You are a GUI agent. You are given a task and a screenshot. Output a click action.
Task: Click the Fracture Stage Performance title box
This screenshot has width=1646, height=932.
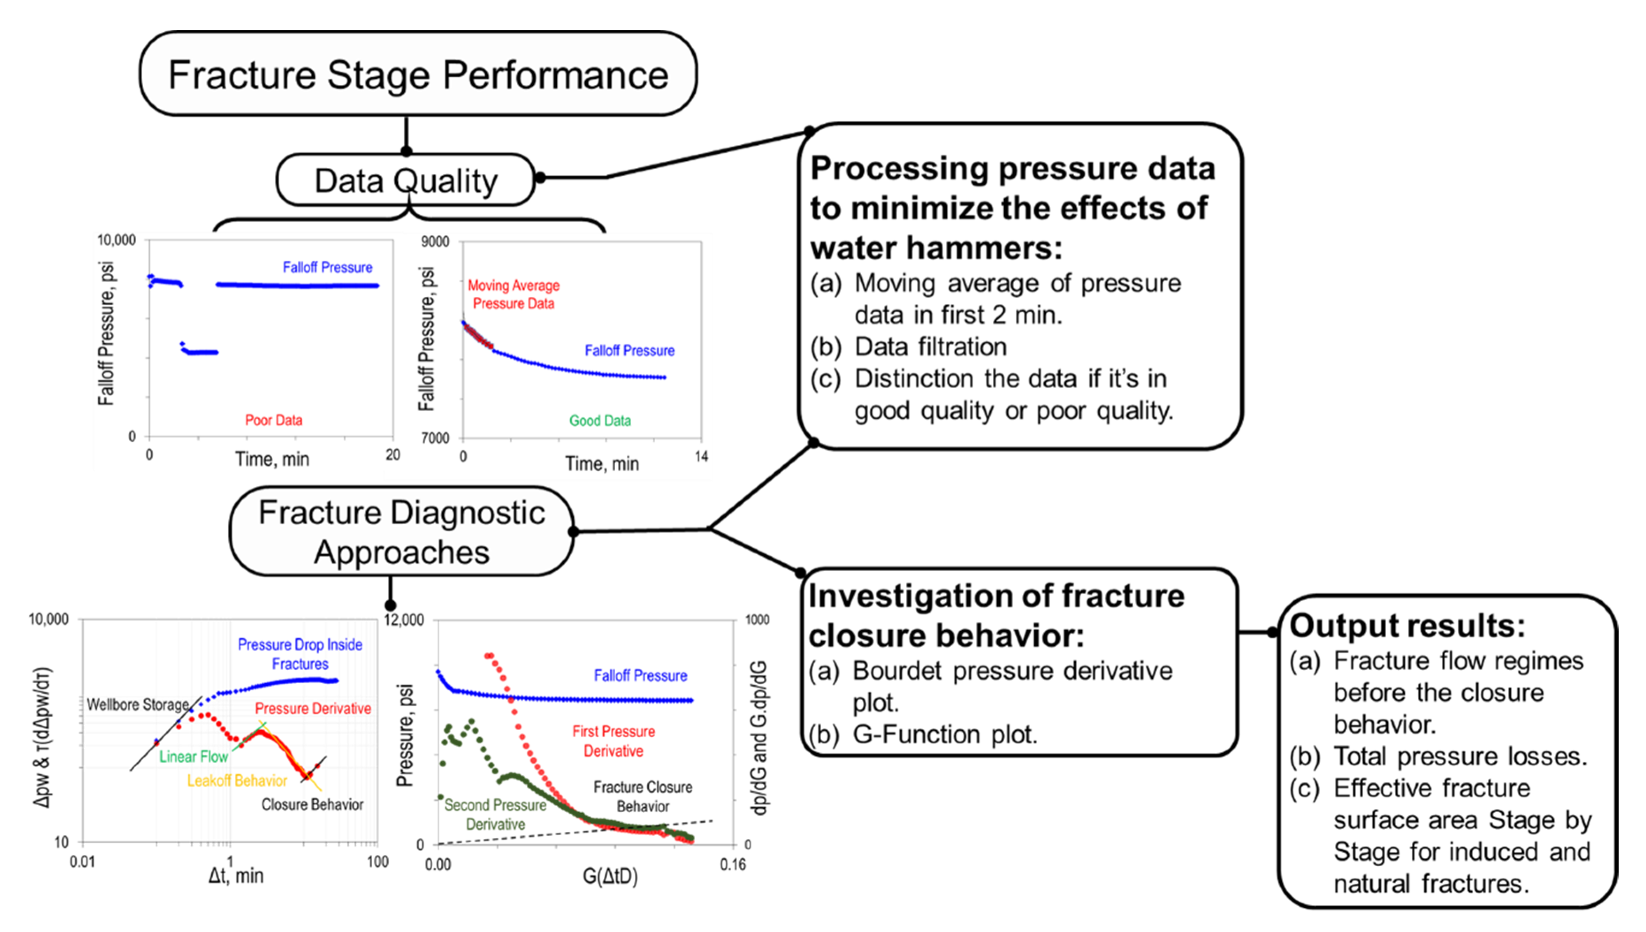(418, 74)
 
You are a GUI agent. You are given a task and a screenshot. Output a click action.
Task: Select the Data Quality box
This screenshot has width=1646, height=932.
(405, 181)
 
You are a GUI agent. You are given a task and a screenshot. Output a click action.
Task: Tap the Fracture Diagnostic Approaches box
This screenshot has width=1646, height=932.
(402, 532)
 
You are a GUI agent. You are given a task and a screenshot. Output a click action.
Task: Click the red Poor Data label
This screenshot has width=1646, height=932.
(274, 420)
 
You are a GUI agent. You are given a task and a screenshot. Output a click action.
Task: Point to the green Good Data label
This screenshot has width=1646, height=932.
(600, 421)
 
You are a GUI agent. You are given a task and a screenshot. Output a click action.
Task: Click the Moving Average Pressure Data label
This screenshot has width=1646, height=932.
(513, 295)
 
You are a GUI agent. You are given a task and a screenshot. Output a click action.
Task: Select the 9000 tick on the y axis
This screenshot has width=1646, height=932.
(435, 241)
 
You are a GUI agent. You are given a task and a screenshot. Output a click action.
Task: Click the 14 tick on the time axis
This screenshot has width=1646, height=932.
(701, 456)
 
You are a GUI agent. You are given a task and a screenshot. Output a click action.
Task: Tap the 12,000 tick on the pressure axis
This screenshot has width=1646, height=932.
(404, 620)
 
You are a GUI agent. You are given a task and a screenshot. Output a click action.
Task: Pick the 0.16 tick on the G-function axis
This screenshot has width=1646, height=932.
(733, 865)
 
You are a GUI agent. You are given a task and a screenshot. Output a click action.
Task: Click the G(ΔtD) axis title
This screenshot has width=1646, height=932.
(610, 875)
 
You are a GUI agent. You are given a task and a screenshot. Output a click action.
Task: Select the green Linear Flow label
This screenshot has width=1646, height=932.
(194, 757)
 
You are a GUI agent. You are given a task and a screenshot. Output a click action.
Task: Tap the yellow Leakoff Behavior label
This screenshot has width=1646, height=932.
(237, 780)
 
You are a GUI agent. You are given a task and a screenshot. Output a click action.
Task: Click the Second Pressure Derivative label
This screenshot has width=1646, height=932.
(495, 814)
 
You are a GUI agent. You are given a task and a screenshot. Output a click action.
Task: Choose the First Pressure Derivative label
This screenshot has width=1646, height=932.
(613, 741)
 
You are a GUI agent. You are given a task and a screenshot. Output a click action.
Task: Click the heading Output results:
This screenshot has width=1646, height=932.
(1407, 625)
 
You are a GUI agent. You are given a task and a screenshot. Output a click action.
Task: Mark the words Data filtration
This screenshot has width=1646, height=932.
(930, 347)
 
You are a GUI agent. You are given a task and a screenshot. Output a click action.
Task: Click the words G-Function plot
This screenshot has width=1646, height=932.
(945, 734)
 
